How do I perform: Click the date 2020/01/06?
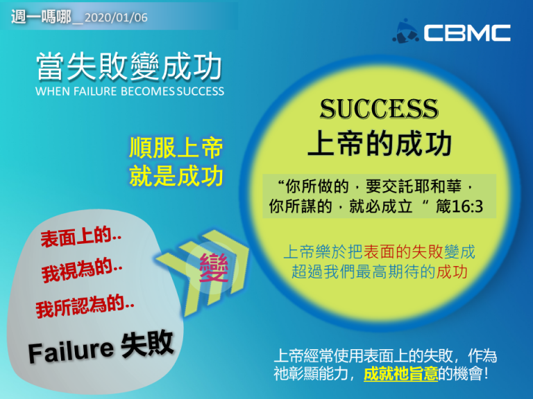coord(116,17)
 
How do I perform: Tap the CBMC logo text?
coord(467,33)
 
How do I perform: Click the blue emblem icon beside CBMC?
coord(405,31)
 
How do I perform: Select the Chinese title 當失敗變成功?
coord(129,66)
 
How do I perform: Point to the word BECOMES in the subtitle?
coord(148,91)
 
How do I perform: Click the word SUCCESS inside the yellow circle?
coord(379,109)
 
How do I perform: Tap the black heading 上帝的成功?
coord(380,143)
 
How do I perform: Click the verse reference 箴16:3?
coord(459,206)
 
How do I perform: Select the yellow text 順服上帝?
coord(176,148)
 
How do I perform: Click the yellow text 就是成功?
coord(176,176)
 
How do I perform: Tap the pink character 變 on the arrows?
coord(214,268)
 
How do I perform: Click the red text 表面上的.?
coord(81,236)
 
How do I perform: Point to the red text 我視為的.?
coord(82,269)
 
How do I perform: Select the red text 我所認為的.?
coord(85,306)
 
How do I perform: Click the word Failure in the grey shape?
coord(71,351)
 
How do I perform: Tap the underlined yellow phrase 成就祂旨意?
coord(400,374)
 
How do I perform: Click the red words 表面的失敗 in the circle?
coord(403,251)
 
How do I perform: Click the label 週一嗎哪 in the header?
coord(41,17)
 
